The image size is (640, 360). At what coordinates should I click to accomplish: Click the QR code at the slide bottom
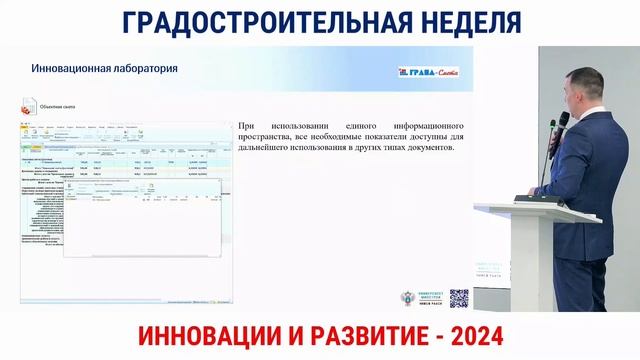(x=459, y=297)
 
